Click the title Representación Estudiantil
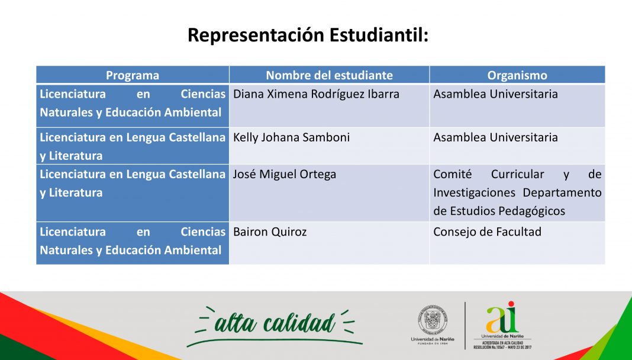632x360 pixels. pyautogui.click(x=308, y=36)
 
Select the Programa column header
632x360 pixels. pyautogui.click(x=133, y=75)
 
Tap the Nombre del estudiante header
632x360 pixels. pyautogui.click(x=329, y=75)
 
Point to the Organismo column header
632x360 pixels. pyautogui.click(x=517, y=75)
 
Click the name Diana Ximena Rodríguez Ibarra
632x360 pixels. pyautogui.click(x=316, y=94)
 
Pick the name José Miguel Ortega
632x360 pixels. pyautogui.click(x=285, y=175)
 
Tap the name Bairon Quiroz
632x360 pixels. pyautogui.click(x=270, y=232)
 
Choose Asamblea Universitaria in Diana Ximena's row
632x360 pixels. pyautogui.click(x=495, y=94)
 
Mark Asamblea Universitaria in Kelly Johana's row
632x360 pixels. pyautogui.click(x=495, y=137)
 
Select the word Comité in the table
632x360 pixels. pyautogui.click(x=452, y=175)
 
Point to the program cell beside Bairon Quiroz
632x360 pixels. pyautogui.click(x=133, y=243)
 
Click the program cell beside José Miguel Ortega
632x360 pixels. pyautogui.click(x=133, y=192)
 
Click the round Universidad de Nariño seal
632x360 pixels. pyautogui.click(x=433, y=319)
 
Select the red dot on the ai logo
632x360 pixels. pyautogui.click(x=511, y=304)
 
